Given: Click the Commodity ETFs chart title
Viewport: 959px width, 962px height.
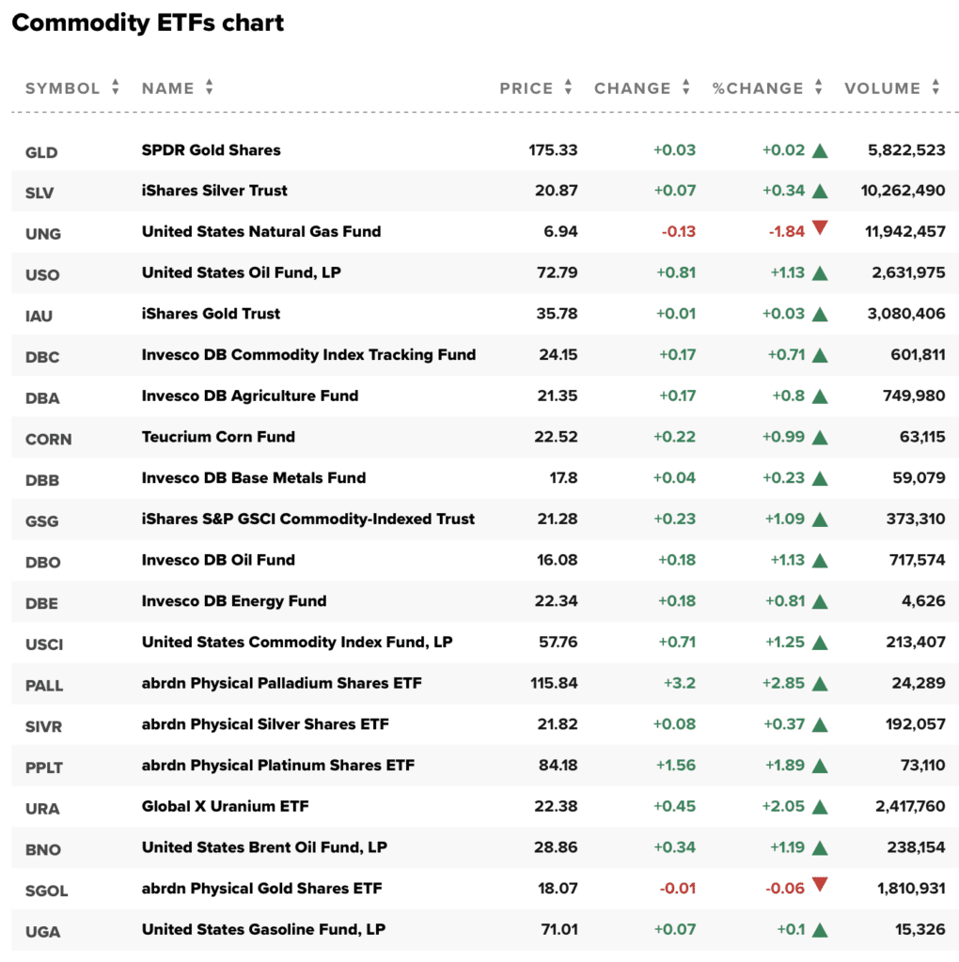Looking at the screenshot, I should (148, 23).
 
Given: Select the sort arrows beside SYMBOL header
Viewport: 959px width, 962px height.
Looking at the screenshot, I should (116, 87).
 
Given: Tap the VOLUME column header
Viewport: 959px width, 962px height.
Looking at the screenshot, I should (882, 88).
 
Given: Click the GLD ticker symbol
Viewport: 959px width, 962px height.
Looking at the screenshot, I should (41, 151).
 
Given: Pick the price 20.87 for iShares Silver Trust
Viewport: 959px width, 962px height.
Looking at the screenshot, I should (556, 191).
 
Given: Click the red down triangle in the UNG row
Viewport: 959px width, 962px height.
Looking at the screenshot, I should (820, 227).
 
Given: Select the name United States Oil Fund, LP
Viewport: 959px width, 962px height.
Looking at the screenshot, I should (241, 272).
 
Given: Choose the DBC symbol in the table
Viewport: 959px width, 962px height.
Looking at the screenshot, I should (42, 356).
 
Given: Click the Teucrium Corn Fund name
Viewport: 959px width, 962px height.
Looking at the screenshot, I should (218, 437).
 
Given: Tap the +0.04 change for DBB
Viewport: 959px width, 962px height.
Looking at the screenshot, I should (675, 478).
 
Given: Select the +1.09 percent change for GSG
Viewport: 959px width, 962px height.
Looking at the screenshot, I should (783, 519).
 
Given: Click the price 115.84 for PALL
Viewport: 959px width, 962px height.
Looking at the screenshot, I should (554, 683).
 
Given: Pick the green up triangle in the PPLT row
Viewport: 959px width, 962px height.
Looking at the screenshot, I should (820, 766).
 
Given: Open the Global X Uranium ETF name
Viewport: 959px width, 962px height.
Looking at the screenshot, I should (225, 806).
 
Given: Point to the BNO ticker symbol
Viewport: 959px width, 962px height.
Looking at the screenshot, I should (42, 849).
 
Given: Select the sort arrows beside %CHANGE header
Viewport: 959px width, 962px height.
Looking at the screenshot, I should (819, 87).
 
